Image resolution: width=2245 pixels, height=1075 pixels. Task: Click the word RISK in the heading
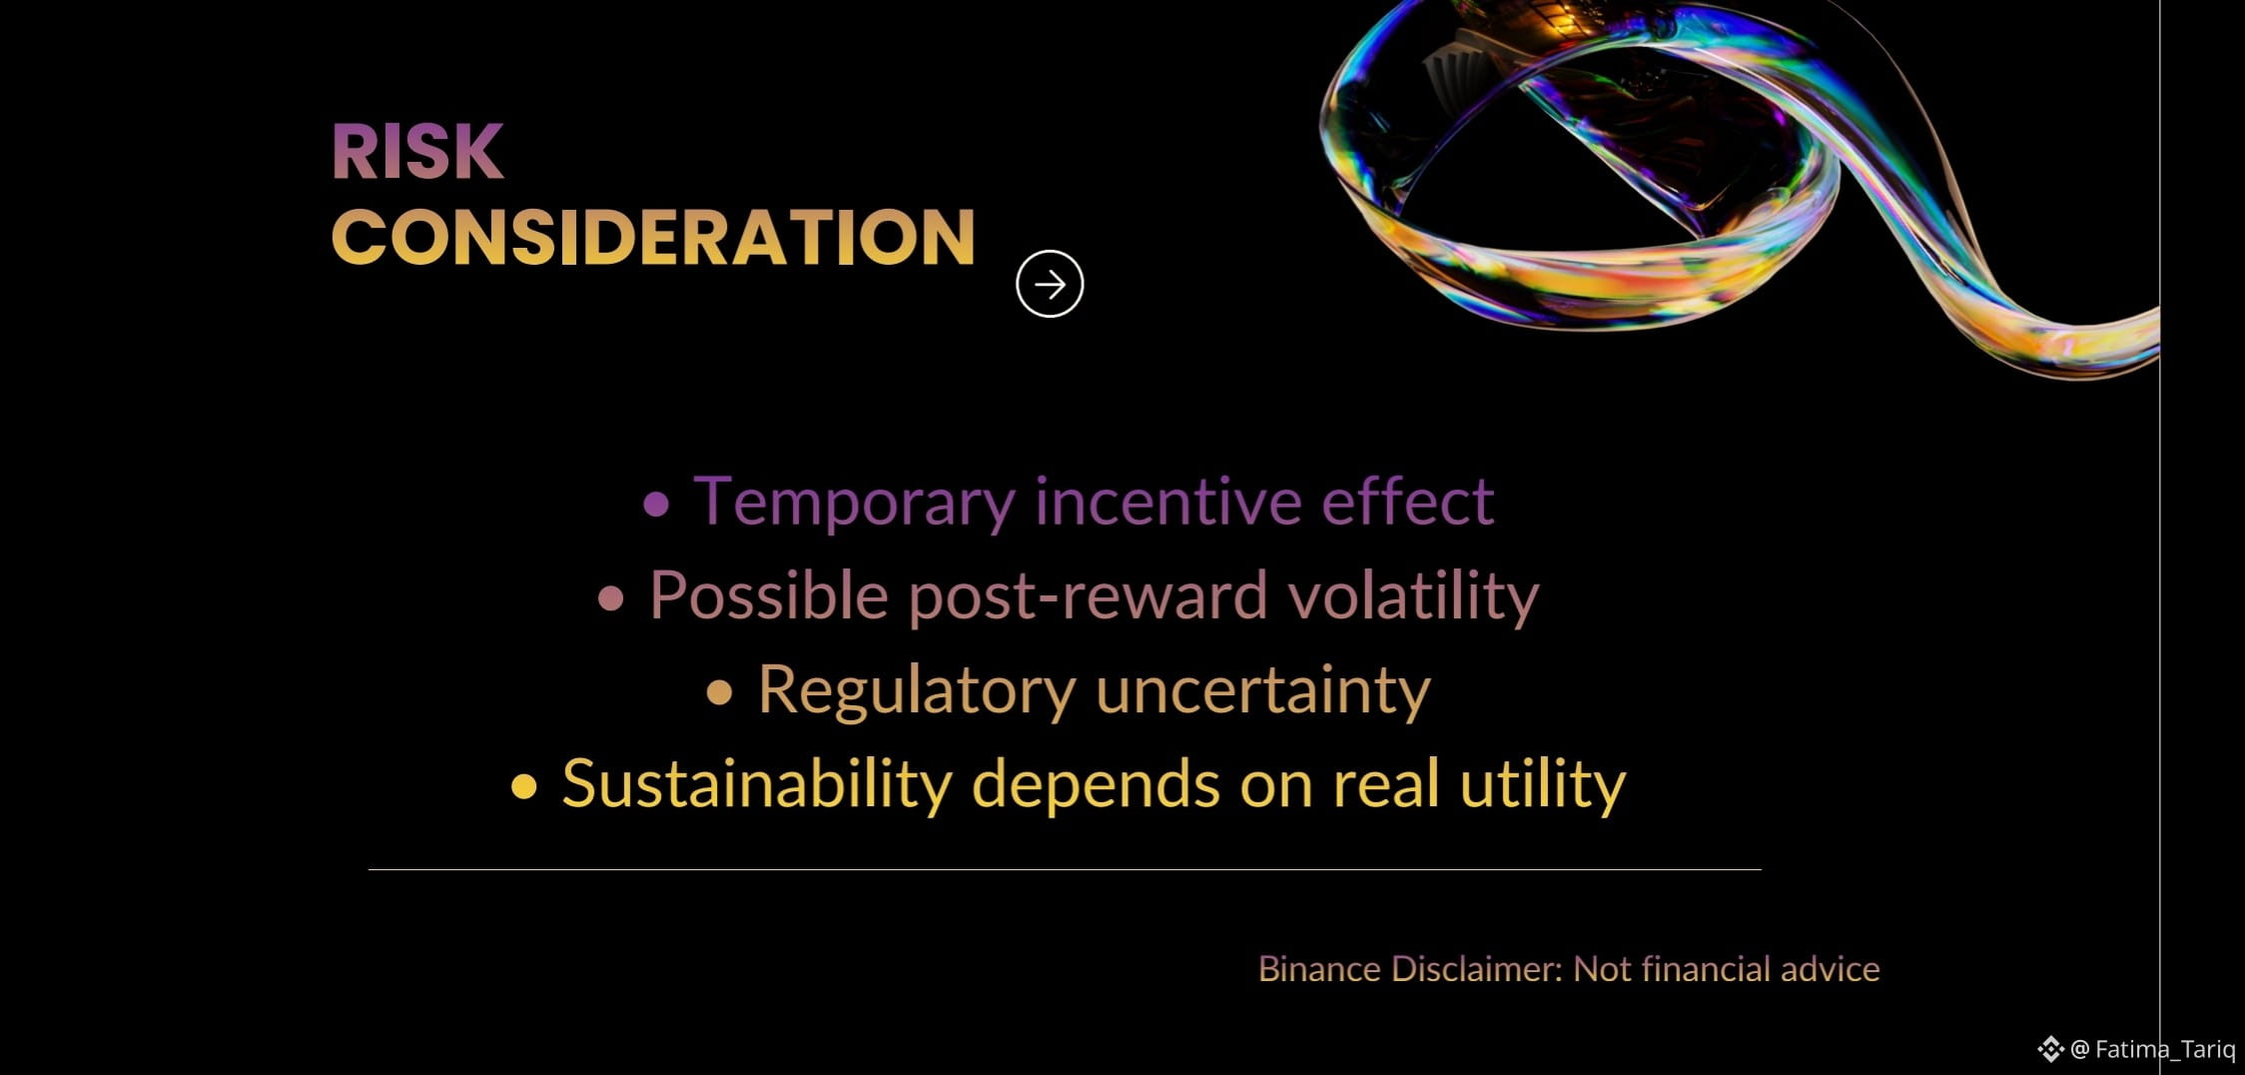417,152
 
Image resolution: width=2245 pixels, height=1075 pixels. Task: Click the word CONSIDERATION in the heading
653,238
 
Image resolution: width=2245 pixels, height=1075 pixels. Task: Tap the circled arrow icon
1050,284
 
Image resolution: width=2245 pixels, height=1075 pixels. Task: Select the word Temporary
855,503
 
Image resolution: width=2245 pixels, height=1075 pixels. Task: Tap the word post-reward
1088,597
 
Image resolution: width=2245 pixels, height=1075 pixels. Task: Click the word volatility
1413,596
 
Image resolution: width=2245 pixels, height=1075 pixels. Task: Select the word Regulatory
917,691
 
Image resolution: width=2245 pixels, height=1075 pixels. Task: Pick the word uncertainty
1263,691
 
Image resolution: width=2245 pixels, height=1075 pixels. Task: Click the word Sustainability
757,783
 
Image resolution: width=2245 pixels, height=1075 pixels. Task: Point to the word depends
1096,785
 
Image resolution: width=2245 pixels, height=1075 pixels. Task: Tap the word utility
1543,785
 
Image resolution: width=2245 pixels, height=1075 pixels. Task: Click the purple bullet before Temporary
656,504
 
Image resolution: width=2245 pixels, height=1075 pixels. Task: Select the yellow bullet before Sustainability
524,787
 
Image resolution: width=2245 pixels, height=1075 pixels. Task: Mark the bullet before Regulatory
720,693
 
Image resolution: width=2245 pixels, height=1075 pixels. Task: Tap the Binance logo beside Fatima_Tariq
2050,1049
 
